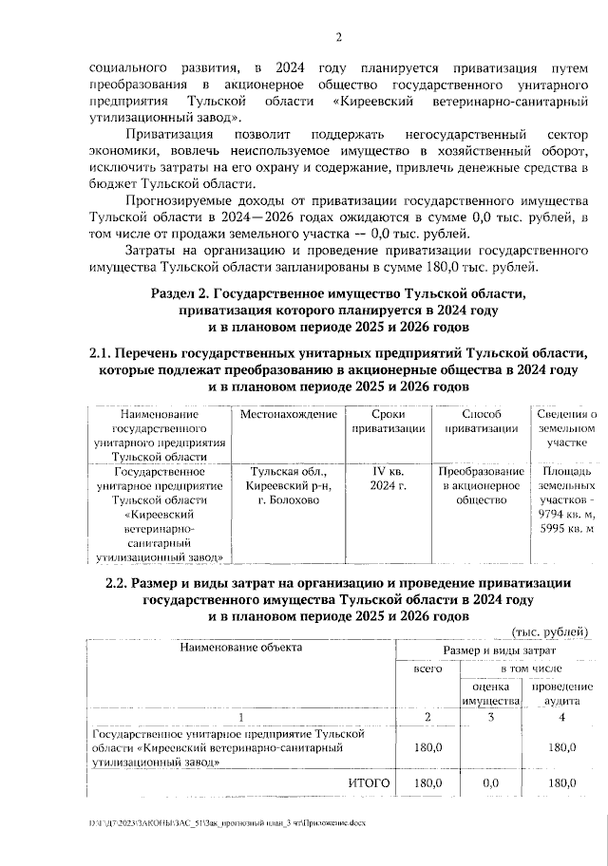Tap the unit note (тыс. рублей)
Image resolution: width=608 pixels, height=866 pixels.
[x=550, y=631]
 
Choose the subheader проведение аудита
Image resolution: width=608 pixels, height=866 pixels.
[x=562, y=693]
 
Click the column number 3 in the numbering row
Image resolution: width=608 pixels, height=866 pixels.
[x=490, y=716]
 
